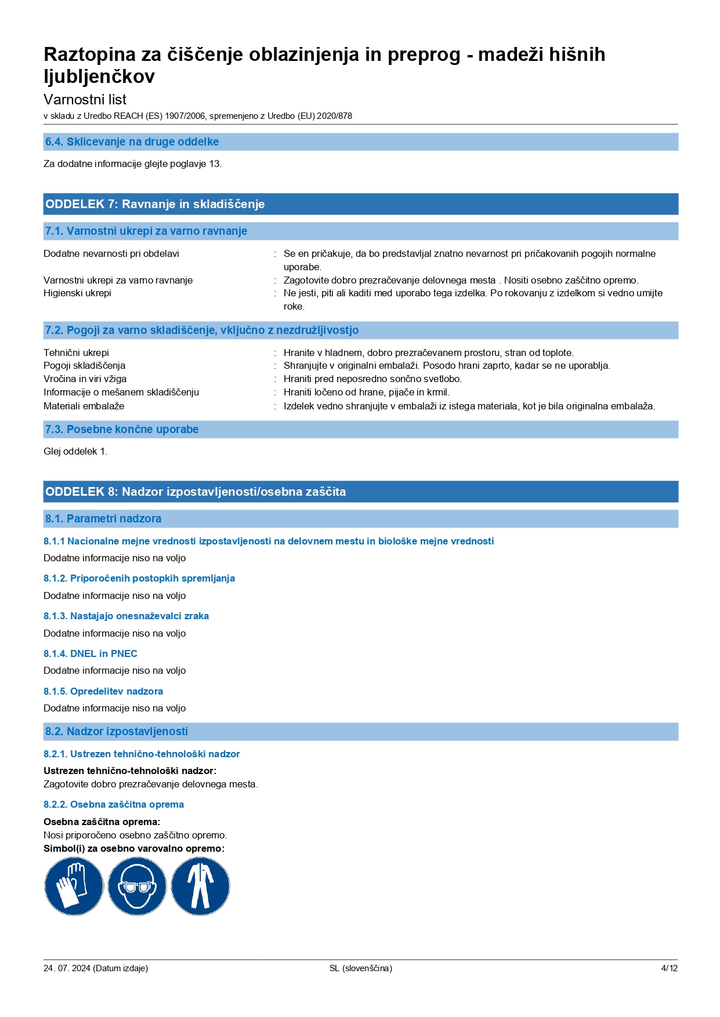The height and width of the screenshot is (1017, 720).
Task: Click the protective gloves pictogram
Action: point(74,886)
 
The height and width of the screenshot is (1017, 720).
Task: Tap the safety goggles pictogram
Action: point(137,886)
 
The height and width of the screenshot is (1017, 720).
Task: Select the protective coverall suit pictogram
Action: point(200,886)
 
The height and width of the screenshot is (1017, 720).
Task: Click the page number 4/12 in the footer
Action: point(669,968)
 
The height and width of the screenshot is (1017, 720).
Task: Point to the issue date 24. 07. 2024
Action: point(67,968)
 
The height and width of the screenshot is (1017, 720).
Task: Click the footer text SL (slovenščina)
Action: point(360,968)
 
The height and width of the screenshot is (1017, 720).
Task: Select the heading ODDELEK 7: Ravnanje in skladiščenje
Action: point(155,204)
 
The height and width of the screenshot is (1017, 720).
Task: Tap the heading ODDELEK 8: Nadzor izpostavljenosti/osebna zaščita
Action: point(196,492)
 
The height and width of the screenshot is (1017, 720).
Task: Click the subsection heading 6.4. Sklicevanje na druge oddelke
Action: point(132,142)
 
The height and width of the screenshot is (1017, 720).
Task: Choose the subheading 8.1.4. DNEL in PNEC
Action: point(91,653)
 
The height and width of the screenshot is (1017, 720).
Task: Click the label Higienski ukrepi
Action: point(77,293)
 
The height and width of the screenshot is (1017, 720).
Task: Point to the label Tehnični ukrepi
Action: point(76,353)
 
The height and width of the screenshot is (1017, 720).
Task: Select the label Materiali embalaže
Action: point(84,406)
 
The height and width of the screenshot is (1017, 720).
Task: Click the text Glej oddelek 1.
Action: point(75,451)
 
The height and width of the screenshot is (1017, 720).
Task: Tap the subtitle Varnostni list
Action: point(85,99)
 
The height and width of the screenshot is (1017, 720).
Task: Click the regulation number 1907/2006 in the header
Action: point(185,116)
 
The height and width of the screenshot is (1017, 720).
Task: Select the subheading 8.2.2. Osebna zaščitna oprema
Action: point(114,804)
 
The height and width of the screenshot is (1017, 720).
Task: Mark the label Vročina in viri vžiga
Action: point(85,379)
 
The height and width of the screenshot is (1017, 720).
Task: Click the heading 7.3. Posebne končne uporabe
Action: point(122,430)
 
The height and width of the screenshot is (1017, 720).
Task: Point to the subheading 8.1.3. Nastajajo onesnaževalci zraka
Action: point(126,616)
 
